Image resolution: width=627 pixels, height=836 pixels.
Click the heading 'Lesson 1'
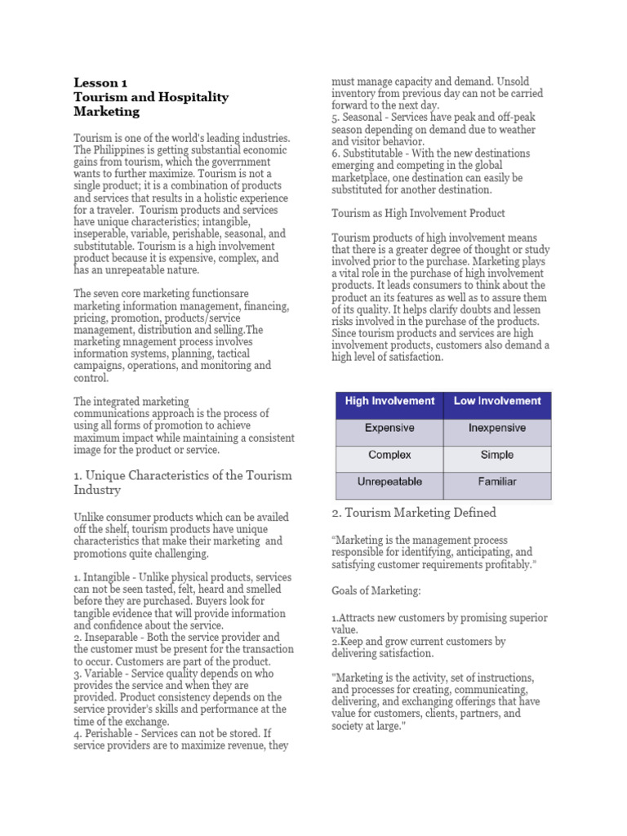pyautogui.click(x=100, y=82)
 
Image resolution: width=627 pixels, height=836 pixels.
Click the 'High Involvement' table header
pyautogui.click(x=389, y=401)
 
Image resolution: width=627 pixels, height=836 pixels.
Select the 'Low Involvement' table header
pyautogui.click(x=497, y=401)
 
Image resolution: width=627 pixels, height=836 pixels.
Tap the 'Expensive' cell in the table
pyautogui.click(x=389, y=428)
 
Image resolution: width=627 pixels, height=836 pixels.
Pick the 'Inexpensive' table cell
pyautogui.click(x=497, y=428)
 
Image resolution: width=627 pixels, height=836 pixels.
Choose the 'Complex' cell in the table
pyautogui.click(x=389, y=455)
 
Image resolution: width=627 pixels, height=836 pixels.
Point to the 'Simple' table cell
pyautogui.click(x=497, y=455)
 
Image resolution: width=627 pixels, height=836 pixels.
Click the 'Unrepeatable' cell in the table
pyautogui.click(x=389, y=482)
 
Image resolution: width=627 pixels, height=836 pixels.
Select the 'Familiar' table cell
pyautogui.click(x=497, y=482)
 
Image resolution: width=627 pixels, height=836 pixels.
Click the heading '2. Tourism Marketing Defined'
pyautogui.click(x=414, y=513)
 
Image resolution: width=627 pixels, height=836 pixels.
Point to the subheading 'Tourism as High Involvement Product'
pyautogui.click(x=418, y=213)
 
